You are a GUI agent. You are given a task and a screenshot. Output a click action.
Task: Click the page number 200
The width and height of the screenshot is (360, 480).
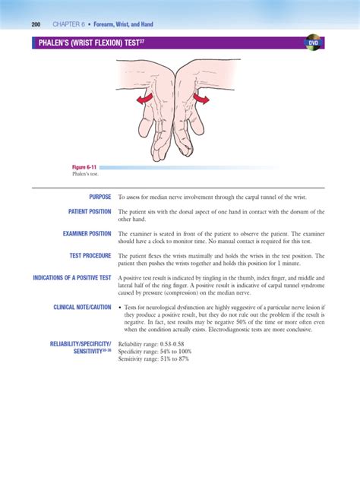coord(36,24)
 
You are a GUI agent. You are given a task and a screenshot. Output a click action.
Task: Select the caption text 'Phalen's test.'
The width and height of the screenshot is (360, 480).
coord(82,174)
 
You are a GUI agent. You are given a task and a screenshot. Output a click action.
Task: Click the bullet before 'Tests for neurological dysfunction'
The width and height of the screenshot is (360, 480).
coord(120,308)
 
